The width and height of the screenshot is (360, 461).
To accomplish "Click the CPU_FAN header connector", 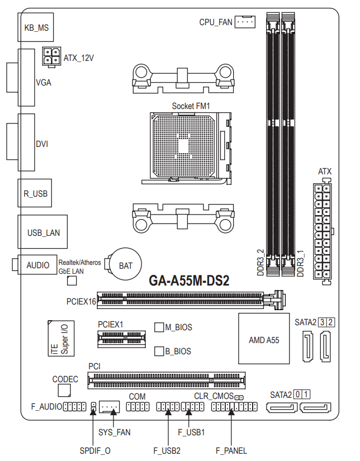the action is pos(245,21).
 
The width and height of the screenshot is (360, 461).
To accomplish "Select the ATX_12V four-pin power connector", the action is pos(51,56).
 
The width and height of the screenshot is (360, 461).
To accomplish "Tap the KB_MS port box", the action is pos(36,27).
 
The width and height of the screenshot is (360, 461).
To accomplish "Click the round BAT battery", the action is pos(125,264).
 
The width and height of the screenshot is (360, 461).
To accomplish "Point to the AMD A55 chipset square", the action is pos(264,339).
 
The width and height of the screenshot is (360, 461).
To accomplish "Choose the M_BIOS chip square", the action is pos(159,327).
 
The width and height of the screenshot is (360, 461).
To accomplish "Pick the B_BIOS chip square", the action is pos(159,351).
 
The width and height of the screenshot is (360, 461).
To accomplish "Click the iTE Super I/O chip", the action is pos(61,338).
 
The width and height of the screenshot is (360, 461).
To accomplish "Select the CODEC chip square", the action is pos(64,391).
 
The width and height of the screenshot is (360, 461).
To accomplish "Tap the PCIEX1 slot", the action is pos(121,339).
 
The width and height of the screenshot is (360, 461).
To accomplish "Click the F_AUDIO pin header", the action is pos(75,407).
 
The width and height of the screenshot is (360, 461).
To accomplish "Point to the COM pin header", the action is pos(138,407).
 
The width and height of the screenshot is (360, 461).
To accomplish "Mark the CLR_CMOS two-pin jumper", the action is pos(239,397).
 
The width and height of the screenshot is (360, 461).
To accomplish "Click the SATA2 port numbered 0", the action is pos(282,407).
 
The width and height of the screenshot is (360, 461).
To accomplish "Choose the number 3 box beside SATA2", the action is pos(323,322).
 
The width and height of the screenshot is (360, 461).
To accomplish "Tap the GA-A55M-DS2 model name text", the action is pos(189,281).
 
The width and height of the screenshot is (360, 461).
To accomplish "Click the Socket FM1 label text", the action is pos(191,106).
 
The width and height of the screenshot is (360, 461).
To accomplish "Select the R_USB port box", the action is pos(35,193).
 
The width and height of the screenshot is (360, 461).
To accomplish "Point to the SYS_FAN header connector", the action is pos(109,407).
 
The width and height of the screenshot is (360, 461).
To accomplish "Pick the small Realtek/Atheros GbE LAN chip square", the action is pos(72,281).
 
